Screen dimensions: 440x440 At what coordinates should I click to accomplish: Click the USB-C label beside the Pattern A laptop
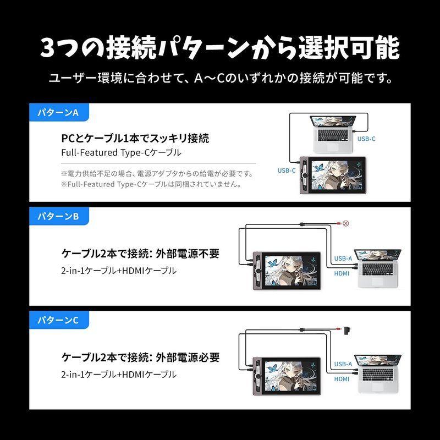click(366, 139)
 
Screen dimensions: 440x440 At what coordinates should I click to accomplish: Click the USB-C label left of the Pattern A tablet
click(287, 170)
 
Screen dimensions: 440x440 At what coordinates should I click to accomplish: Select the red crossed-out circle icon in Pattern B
click(345, 223)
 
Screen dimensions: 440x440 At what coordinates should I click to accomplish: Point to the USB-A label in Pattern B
click(343, 258)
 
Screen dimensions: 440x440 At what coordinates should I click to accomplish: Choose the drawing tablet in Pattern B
click(287, 270)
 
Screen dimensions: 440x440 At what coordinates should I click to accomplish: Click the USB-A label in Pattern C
click(343, 364)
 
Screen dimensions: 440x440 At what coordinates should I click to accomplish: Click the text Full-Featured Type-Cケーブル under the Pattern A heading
click(121, 152)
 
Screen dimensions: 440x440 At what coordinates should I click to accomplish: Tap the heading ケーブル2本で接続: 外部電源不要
click(140, 254)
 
